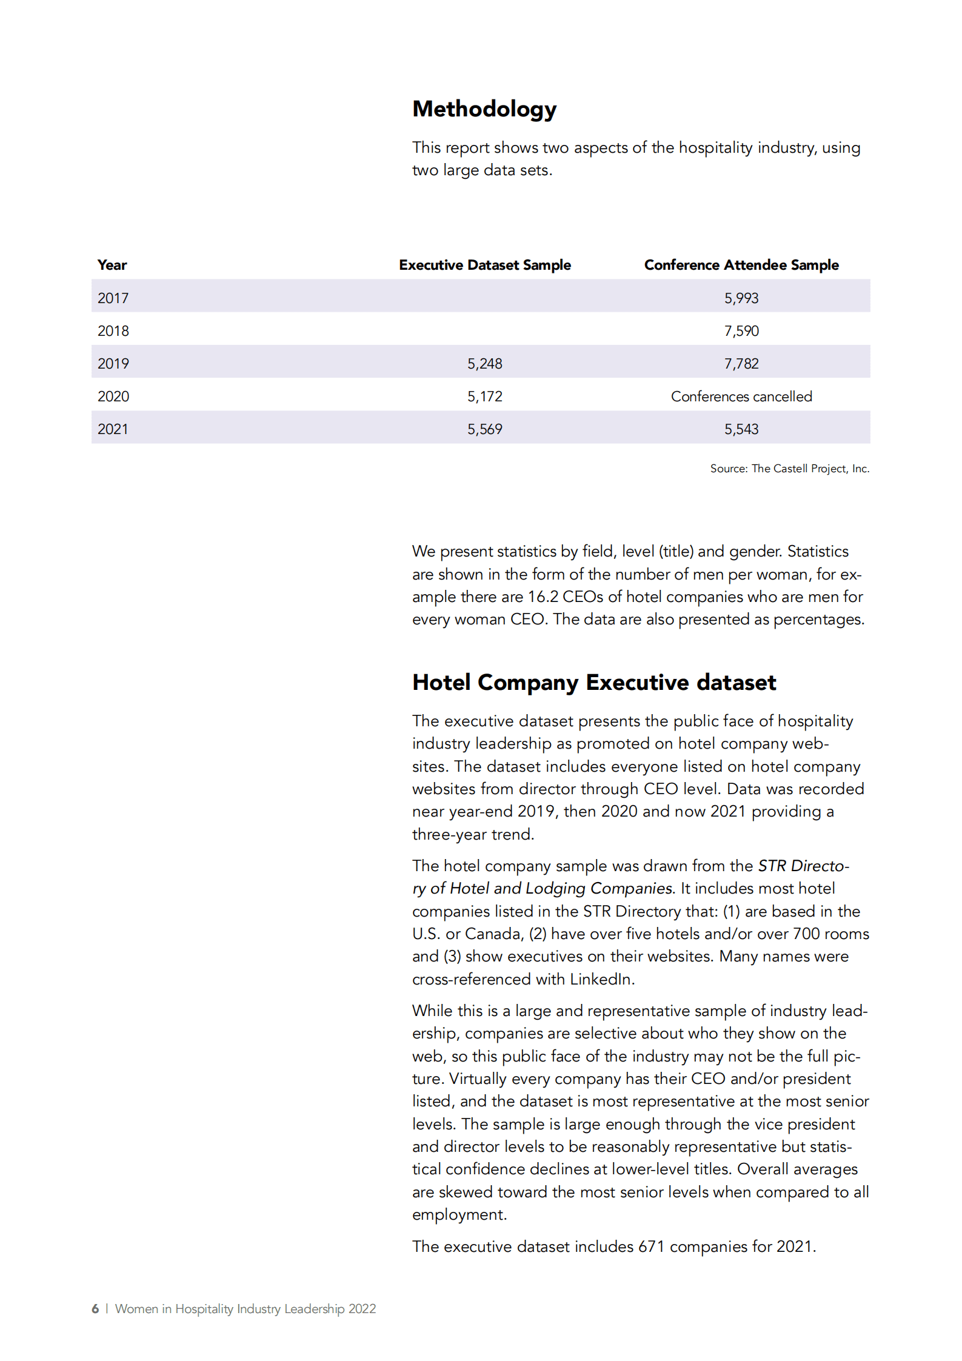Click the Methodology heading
coord(484,109)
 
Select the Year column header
coord(112,265)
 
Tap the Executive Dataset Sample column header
coord(484,265)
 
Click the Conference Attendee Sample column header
coord(741,265)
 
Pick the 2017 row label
coord(113,298)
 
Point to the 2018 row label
coord(113,331)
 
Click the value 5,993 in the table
coord(741,298)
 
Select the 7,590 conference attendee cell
coord(741,331)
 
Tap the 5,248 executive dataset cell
coord(484,364)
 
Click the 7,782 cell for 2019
coord(741,364)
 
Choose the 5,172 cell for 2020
coord(484,396)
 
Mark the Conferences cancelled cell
coord(741,396)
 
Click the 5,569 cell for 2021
coord(484,429)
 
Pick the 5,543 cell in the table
coord(741,429)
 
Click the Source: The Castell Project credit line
coord(789,469)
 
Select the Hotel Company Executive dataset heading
coord(593,683)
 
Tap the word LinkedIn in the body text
coord(601,979)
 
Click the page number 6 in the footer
coord(95,1309)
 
